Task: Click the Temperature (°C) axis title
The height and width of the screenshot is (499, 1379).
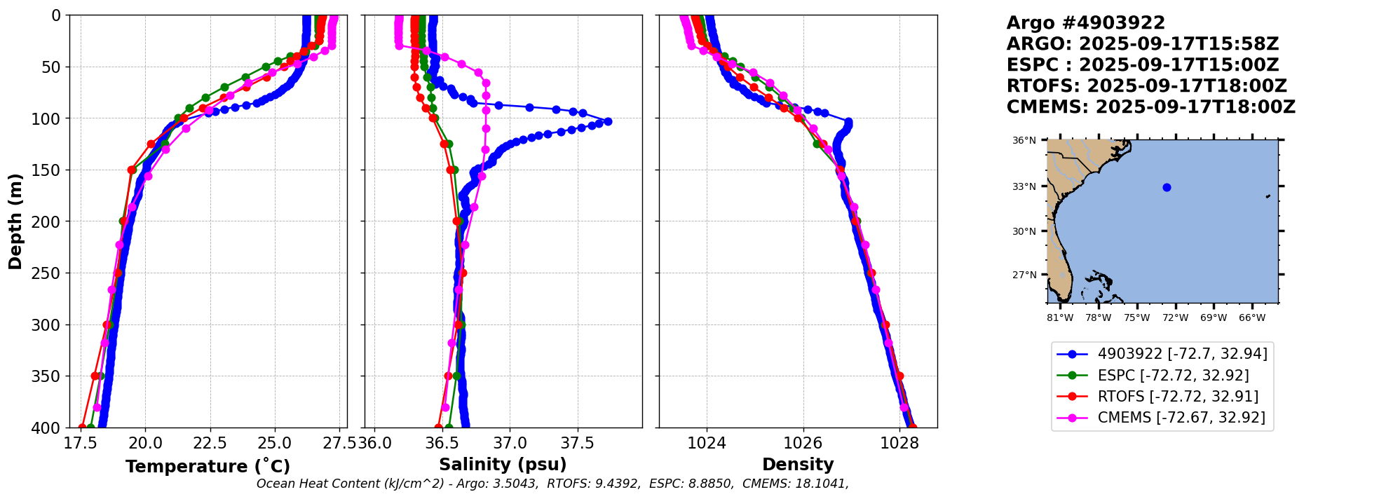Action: pyautogui.click(x=208, y=467)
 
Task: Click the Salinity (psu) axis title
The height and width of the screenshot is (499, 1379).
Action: pyautogui.click(x=503, y=465)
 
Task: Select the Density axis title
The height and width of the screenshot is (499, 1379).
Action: pyautogui.click(x=798, y=465)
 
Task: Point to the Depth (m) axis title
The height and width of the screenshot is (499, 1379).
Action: pyautogui.click(x=15, y=221)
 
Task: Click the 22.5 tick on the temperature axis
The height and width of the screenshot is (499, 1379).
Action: pyautogui.click(x=210, y=444)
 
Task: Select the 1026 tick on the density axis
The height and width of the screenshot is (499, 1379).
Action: pyautogui.click(x=803, y=444)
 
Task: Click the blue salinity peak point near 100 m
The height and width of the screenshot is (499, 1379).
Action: pyautogui.click(x=607, y=122)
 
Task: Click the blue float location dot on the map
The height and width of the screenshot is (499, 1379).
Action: pyautogui.click(x=1167, y=187)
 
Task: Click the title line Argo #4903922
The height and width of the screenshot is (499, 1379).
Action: pyautogui.click(x=1085, y=23)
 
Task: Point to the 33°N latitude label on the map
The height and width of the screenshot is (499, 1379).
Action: pyautogui.click(x=1024, y=186)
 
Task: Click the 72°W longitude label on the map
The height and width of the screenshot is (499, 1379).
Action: pyautogui.click(x=1175, y=318)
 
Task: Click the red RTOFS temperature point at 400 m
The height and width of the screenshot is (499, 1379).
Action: pyautogui.click(x=83, y=428)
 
